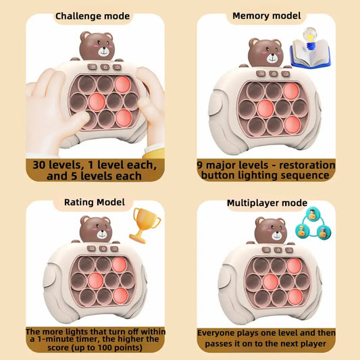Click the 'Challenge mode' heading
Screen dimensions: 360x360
tap(93, 16)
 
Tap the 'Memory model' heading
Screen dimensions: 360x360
tap(267, 16)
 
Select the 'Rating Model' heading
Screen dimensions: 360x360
tap(95, 202)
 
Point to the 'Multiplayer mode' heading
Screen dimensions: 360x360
tap(267, 203)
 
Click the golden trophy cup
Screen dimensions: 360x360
tap(145, 225)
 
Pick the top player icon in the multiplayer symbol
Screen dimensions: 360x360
tap(313, 214)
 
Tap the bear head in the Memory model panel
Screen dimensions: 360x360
tap(265, 53)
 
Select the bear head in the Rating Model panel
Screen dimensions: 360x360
tap(96, 229)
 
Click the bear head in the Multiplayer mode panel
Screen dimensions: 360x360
tap(271, 230)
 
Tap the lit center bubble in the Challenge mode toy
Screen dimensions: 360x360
tap(97, 101)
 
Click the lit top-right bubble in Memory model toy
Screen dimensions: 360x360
tap(291, 91)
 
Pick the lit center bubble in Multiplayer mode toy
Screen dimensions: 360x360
tap(270, 282)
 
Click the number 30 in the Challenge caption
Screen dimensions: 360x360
tap(40, 165)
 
